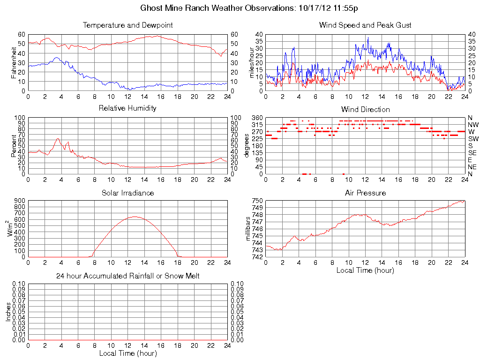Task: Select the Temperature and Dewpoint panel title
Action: [x=127, y=25]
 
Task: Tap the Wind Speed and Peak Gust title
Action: [x=365, y=25]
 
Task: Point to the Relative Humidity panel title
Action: [x=127, y=108]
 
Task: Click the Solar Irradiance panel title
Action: [x=127, y=193]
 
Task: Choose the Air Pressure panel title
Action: [x=365, y=193]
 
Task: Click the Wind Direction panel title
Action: [x=365, y=109]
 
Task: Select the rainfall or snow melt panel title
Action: [x=127, y=276]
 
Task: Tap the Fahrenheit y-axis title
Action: [x=14, y=62]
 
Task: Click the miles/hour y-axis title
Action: [x=252, y=62]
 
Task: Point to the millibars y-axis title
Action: [x=249, y=229]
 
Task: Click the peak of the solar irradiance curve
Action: [x=135, y=217]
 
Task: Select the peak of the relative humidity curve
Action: [x=58, y=138]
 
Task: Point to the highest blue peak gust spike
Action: [x=368, y=37]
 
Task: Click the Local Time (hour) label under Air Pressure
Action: [x=365, y=270]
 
